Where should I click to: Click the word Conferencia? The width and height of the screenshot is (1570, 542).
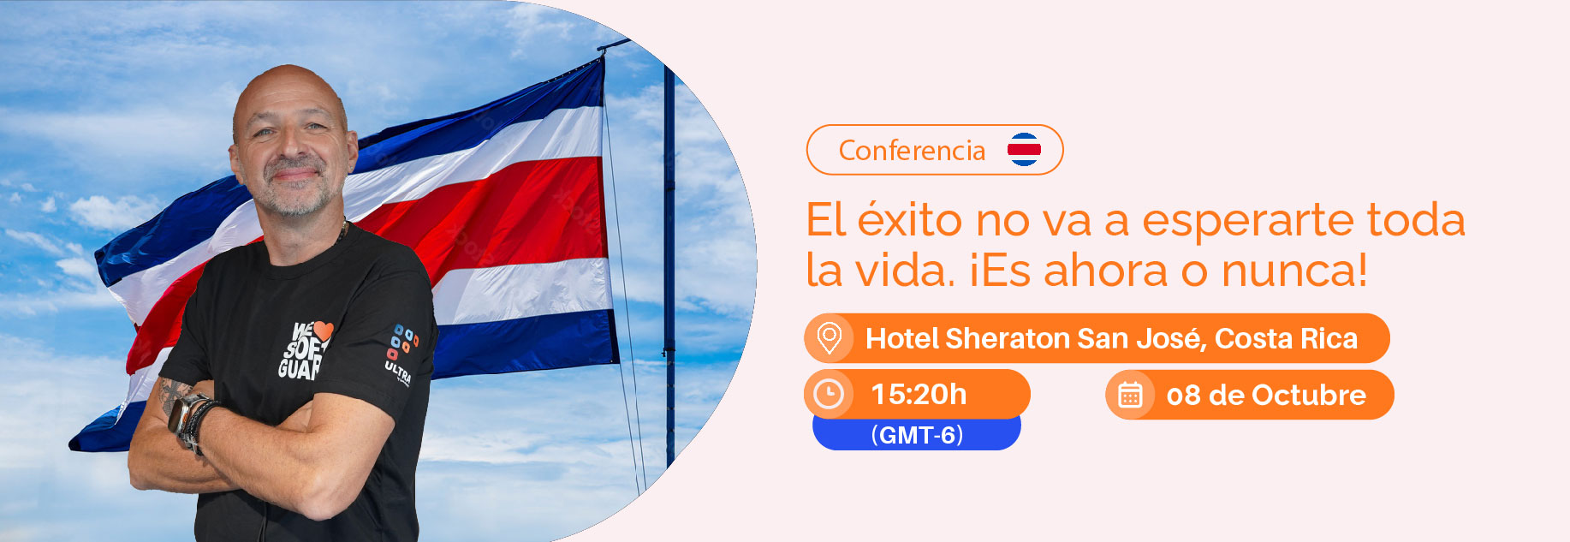(x=912, y=151)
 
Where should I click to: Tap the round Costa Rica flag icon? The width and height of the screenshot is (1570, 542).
(x=1024, y=150)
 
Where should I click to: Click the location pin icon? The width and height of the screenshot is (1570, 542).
(x=829, y=338)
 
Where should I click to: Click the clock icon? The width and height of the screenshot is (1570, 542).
(x=828, y=394)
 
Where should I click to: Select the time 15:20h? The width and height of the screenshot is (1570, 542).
(x=919, y=395)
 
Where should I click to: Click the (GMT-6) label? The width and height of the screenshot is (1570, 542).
(x=917, y=435)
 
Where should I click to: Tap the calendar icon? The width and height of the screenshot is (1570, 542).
(x=1130, y=395)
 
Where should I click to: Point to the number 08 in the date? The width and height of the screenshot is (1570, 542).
(x=1183, y=396)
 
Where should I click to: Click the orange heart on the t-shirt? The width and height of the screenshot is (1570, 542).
(x=323, y=331)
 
